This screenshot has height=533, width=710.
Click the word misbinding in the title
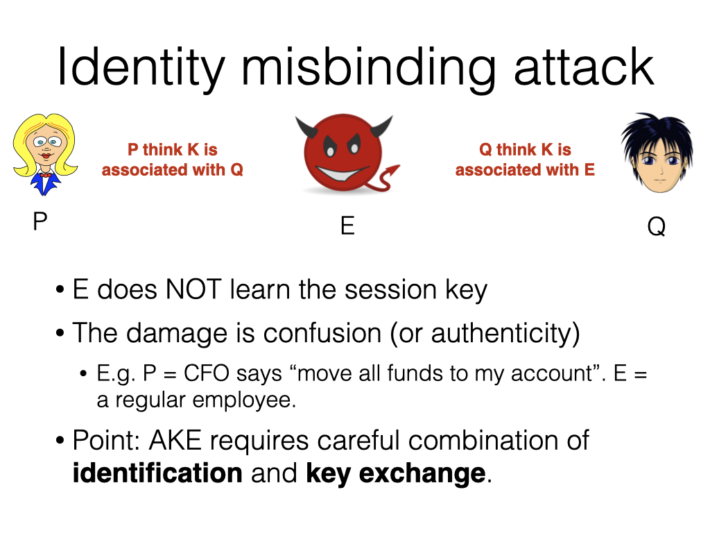point(369,68)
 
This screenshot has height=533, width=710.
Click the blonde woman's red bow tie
point(45,175)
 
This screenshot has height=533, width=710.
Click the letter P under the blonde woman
point(40,221)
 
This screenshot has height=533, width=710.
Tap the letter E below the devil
point(347,226)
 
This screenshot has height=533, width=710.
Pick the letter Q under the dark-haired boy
point(657,226)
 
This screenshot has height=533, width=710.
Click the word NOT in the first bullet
point(193,289)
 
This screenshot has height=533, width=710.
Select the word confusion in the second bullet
point(322,333)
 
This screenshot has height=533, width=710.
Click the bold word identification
point(157,473)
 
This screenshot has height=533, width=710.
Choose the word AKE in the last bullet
point(175,440)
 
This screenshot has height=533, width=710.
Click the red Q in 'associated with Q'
point(237,170)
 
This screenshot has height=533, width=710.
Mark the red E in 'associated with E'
point(589,169)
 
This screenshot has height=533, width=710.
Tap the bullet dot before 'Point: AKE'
point(60,441)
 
